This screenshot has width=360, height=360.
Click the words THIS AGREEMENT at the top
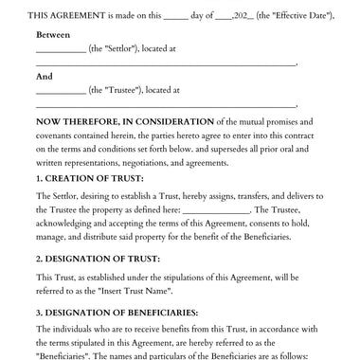click(67, 16)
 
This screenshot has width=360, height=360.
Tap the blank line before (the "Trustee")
click(60, 93)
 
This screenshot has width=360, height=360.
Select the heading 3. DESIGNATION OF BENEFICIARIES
click(117, 313)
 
